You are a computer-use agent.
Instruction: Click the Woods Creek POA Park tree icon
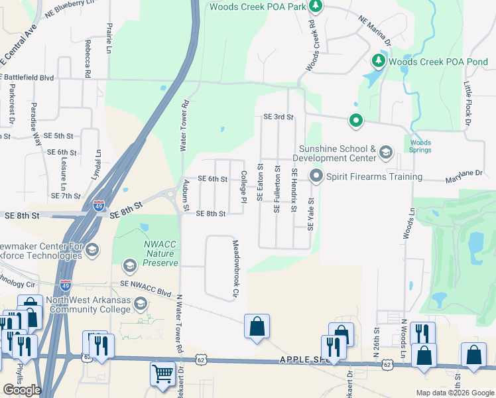coord(317,7)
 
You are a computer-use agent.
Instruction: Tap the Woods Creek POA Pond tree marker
coord(379,62)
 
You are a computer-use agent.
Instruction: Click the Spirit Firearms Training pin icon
coord(316,176)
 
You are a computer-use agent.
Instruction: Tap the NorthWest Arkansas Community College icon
coord(141,304)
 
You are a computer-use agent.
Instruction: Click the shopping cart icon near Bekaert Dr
coord(162,374)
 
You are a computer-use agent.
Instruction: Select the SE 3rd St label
coord(278,117)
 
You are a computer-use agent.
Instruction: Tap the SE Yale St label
coord(310,213)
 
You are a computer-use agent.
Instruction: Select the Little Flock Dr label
coord(467,104)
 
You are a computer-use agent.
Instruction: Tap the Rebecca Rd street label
coord(87,58)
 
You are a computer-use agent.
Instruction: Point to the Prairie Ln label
coord(109,38)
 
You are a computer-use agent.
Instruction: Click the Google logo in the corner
coord(22,390)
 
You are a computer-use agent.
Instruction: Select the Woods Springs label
coord(420,146)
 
